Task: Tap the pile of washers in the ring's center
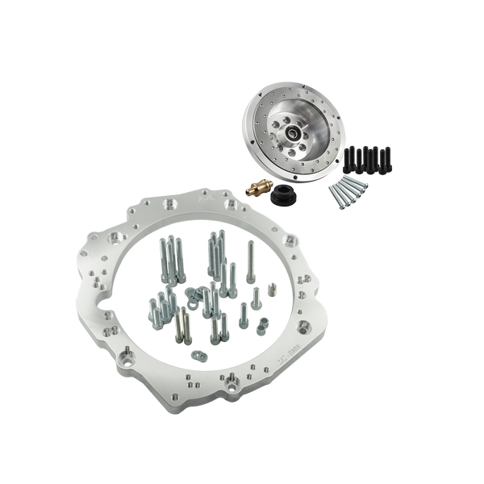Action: (x=194, y=298)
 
